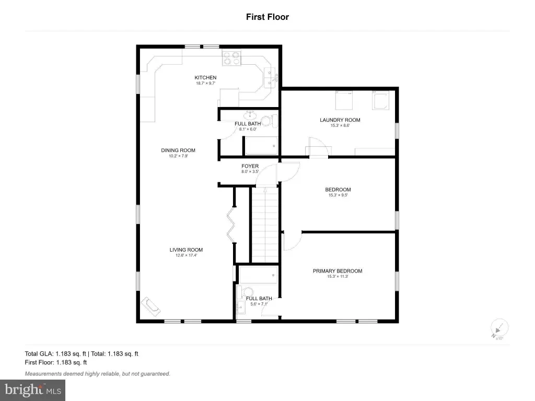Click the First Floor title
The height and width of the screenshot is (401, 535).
point(267,17)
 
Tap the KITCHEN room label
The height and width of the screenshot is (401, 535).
point(205,77)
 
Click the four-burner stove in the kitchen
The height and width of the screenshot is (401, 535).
point(231,58)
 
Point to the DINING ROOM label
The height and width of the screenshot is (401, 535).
point(178,150)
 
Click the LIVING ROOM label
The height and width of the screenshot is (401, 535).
point(186,250)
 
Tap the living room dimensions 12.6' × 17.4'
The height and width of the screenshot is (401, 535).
point(187,255)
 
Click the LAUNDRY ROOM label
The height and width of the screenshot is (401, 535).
point(340,120)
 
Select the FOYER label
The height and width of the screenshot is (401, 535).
point(250,166)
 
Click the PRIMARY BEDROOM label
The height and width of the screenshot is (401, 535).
point(338,271)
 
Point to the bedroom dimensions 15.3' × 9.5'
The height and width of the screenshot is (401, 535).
point(338,195)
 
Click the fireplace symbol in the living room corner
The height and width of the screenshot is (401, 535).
point(151,306)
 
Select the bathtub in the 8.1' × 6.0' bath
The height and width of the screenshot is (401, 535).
point(261,146)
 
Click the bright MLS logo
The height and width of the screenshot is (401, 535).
point(32,390)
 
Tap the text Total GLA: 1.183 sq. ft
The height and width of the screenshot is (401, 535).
point(55,353)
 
